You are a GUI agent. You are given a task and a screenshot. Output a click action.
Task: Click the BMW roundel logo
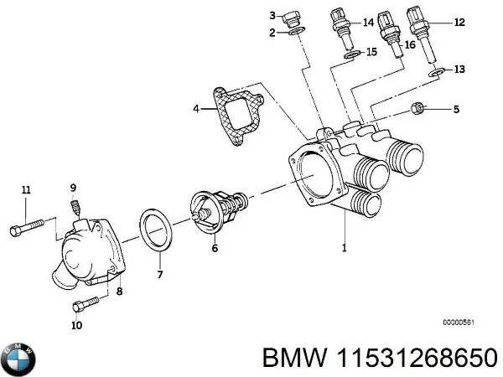tap(19, 359)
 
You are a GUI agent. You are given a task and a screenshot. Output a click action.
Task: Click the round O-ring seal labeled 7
tap(156, 229)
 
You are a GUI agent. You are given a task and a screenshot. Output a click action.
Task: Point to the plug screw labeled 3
tap(293, 18)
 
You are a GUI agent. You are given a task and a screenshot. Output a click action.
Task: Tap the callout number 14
tap(367, 23)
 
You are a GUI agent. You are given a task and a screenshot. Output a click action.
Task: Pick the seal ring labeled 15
tap(353, 56)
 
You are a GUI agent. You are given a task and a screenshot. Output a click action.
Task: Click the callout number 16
tap(409, 44)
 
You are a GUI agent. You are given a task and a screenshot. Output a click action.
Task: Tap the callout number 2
tap(272, 33)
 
